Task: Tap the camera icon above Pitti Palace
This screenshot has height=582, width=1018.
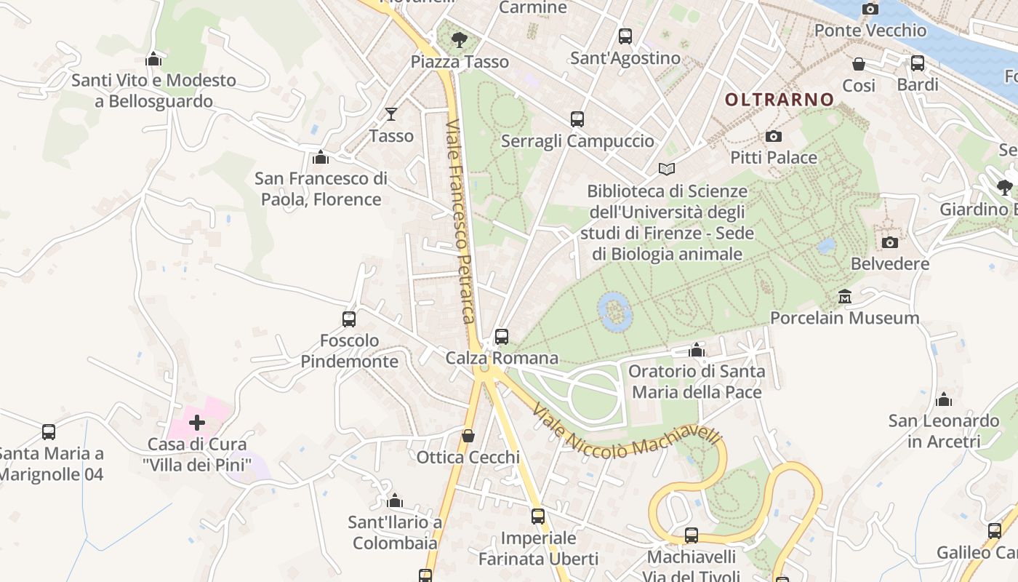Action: pyautogui.click(x=774, y=136)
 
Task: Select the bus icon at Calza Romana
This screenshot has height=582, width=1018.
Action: pyautogui.click(x=502, y=336)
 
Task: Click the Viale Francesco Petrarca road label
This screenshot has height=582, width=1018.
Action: pyautogui.click(x=461, y=222)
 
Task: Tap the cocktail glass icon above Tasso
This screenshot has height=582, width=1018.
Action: pyautogui.click(x=391, y=113)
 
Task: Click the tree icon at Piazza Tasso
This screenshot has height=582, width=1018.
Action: pyautogui.click(x=459, y=39)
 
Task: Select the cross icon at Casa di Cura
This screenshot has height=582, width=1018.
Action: pyautogui.click(x=196, y=422)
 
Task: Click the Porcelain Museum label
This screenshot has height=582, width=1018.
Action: pyautogui.click(x=844, y=318)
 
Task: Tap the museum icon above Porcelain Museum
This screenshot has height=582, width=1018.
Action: pyautogui.click(x=845, y=296)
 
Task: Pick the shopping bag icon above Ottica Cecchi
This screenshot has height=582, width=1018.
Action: pyautogui.click(x=468, y=436)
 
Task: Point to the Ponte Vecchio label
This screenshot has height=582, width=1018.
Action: pyautogui.click(x=870, y=31)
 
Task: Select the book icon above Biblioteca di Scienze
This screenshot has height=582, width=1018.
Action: pyautogui.click(x=667, y=169)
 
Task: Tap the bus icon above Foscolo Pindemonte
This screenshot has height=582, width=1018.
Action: pyautogui.click(x=349, y=319)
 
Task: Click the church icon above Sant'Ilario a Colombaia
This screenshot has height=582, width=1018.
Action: pyautogui.click(x=395, y=501)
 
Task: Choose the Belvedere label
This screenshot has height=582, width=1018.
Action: pyautogui.click(x=889, y=263)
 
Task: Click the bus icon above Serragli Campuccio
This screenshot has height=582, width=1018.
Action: pyautogui.click(x=577, y=119)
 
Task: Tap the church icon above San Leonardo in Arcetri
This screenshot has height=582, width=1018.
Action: pyautogui.click(x=944, y=399)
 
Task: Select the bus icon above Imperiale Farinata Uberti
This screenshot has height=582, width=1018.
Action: pyautogui.click(x=538, y=517)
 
